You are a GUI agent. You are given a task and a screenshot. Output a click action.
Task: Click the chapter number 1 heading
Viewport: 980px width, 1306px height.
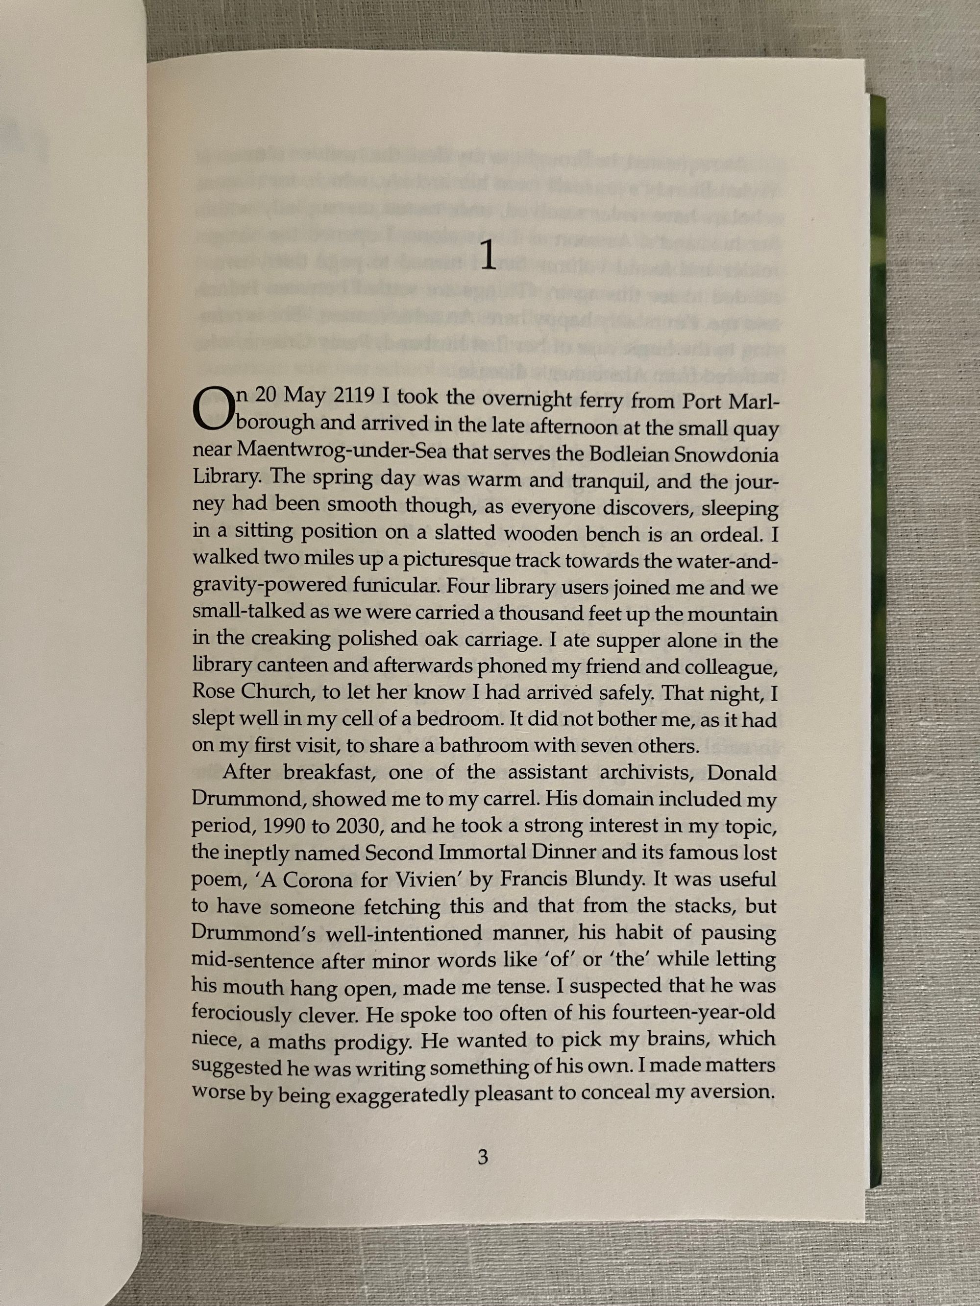click(x=488, y=258)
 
